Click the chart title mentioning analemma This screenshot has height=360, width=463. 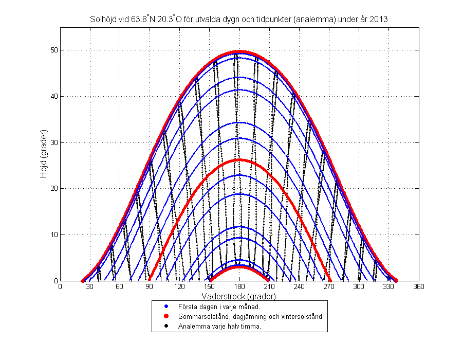coord(239,19)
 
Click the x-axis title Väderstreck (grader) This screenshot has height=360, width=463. coord(239,297)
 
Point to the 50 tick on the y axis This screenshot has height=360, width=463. coord(53,50)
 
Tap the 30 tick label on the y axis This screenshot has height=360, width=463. coord(53,142)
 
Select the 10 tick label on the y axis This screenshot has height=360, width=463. coord(53,235)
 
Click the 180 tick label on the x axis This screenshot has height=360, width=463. coord(239,287)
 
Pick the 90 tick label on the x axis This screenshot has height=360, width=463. coord(150,287)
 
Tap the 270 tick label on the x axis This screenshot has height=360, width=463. coord(329,287)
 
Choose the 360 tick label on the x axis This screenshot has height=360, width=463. coord(418,287)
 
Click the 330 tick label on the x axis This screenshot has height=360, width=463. coord(388,287)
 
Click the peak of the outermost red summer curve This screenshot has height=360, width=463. coord(239,51)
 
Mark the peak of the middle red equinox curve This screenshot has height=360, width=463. coord(239,160)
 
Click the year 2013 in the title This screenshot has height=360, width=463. coord(380,19)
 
